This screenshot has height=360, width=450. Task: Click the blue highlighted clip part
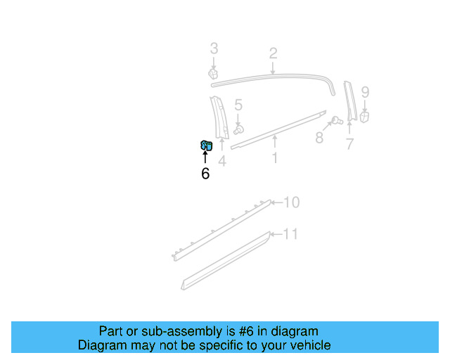click(206, 146)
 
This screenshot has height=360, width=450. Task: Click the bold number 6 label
click(205, 174)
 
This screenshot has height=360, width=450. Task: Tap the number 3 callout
click(214, 49)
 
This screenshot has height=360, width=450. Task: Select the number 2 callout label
click(273, 53)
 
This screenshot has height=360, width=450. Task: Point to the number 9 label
click(365, 92)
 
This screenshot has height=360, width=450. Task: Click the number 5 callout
click(238, 105)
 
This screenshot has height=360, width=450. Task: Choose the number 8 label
click(319, 138)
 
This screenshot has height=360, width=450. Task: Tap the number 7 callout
click(349, 144)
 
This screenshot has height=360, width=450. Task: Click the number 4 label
click(221, 161)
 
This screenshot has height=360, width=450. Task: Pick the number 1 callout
click(274, 157)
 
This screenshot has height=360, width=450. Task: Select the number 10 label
click(291, 202)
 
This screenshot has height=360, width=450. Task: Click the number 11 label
click(290, 234)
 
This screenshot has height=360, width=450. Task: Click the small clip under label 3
click(212, 73)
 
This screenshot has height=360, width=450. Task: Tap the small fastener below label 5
click(239, 129)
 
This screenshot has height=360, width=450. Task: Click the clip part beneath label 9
click(364, 117)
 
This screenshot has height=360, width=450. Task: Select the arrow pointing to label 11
click(276, 234)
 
